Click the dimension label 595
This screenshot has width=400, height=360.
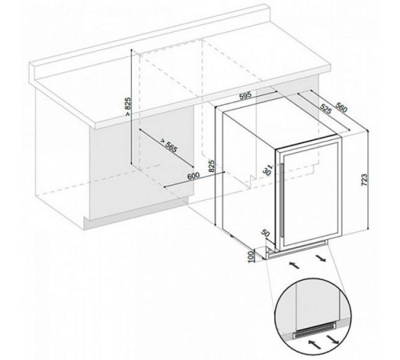pyautogui.click(x=246, y=96)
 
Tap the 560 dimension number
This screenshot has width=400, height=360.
pyautogui.click(x=341, y=107)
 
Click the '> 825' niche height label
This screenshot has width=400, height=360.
pyautogui.click(x=128, y=106)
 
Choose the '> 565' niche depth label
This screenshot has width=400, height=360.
pyautogui.click(x=169, y=146)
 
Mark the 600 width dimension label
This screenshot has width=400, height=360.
pyautogui.click(x=194, y=176)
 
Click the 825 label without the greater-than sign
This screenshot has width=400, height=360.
pyautogui.click(x=211, y=166)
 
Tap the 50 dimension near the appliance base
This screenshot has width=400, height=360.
pyautogui.click(x=266, y=234)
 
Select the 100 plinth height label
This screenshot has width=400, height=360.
pyautogui.click(x=251, y=256)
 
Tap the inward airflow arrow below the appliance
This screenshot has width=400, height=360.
pyautogui.click(x=294, y=265)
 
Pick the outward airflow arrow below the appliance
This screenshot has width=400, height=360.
pyautogui.click(x=321, y=258)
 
